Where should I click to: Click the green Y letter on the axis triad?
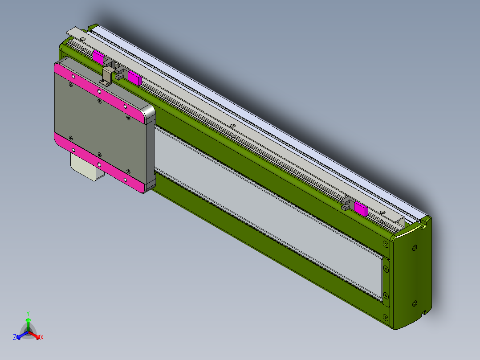pos(28,313)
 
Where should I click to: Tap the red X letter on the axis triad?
pos(42,337)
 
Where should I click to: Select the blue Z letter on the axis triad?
pos(15,337)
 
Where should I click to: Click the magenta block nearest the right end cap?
pos(361,209)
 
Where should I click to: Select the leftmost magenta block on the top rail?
pos(98,57)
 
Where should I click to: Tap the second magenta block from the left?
pos(134,78)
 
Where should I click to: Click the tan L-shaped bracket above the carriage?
pos(107,76)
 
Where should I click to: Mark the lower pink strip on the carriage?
pos(100,163)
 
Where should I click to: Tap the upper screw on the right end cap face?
pos(415,247)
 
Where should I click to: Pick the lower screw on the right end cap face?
pos(415,303)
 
